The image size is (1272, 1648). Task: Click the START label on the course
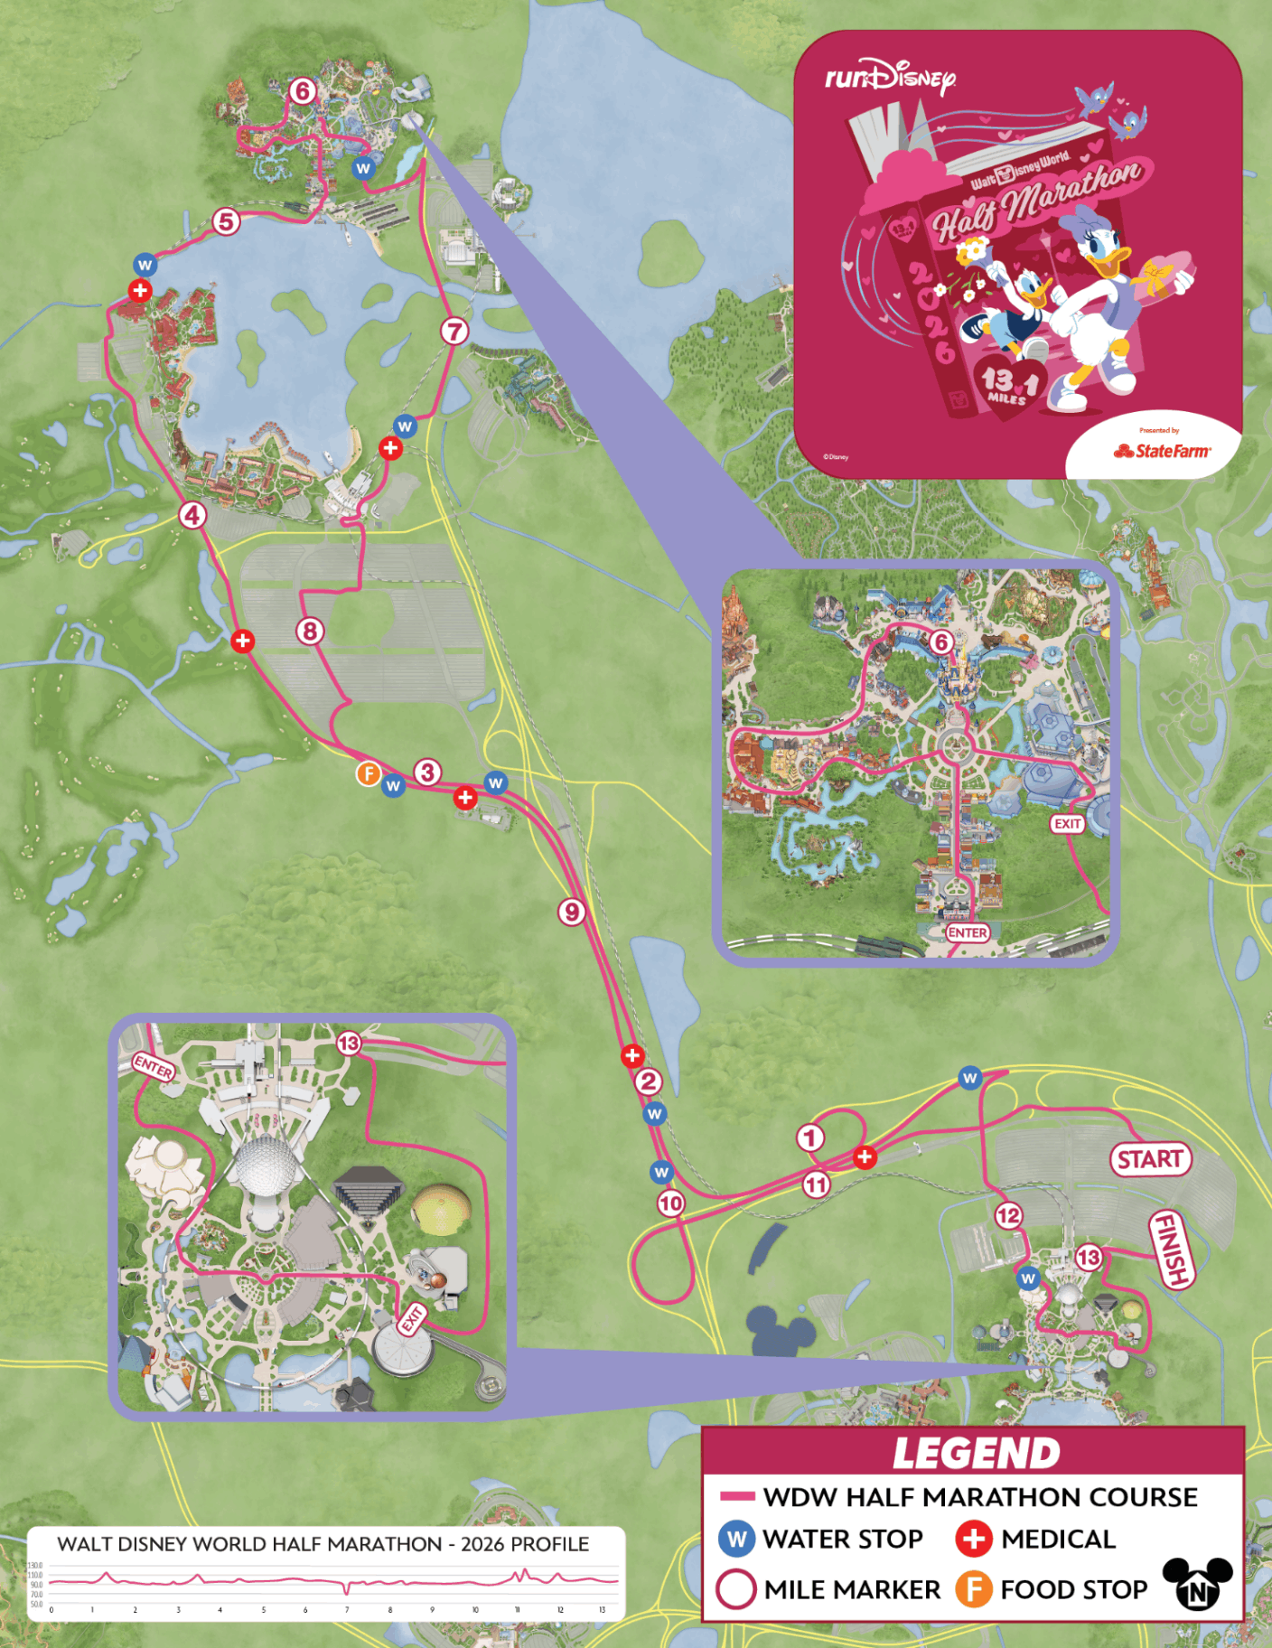point(1149,1159)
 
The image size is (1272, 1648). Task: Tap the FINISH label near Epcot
point(1171,1250)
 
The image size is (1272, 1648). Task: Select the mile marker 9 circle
point(571,912)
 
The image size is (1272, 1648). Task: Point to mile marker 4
point(192,515)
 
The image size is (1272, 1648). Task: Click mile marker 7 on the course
point(454,332)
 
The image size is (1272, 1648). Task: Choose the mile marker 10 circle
point(670,1203)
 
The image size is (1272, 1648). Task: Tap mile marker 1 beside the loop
point(810,1138)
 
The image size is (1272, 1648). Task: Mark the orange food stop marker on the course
point(368,773)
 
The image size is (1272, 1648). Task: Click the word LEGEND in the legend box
point(976,1454)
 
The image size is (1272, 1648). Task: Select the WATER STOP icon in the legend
point(737,1539)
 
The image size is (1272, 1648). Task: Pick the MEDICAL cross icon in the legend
point(974,1539)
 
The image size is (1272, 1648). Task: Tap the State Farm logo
point(1162,451)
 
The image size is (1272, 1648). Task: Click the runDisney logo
point(890,78)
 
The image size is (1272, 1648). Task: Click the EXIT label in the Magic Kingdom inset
point(1068,823)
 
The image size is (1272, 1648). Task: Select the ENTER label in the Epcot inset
point(153,1067)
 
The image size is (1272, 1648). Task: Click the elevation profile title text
point(323,1544)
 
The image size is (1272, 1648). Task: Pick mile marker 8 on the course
point(310,631)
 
